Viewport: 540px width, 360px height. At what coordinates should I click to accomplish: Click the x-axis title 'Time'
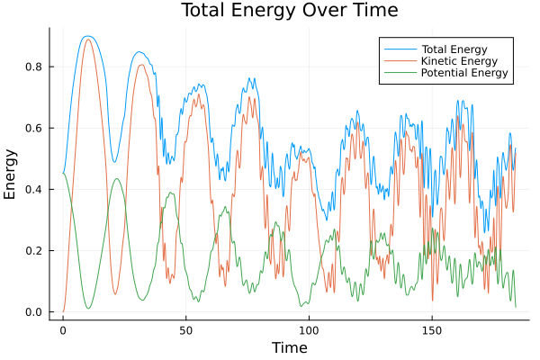[x=289, y=348]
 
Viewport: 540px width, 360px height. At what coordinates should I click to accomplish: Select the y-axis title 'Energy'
[x=12, y=175]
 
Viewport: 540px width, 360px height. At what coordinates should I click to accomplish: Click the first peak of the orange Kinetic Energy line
[x=87, y=40]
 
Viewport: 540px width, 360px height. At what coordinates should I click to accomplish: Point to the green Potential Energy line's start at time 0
[x=63, y=173]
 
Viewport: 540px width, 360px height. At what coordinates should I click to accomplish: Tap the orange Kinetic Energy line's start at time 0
[x=63, y=311]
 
